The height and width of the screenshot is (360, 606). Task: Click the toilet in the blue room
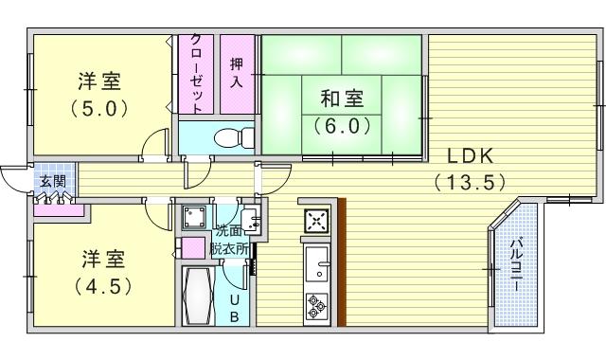pos(234,137)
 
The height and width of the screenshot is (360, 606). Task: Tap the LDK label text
pos(471,156)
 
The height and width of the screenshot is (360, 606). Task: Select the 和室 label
pos(342,99)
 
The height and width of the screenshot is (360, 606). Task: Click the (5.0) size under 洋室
pos(99,109)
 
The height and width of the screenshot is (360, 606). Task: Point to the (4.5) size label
pos(103,286)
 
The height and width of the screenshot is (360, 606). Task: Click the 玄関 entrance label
pos(53,181)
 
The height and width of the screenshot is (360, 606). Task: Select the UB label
pos(234,309)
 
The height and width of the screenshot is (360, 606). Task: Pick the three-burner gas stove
pos(317,306)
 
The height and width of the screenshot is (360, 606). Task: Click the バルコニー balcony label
pos(515,265)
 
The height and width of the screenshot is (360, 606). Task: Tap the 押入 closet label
pos(237,72)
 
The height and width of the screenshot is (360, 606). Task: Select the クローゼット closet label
pos(196,74)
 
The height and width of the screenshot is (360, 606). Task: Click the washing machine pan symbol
pos(194,218)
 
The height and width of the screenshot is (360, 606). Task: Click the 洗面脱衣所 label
pos(229,240)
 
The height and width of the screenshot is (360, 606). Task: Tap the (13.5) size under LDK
pos(471,182)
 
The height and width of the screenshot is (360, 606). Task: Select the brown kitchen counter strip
pos(342,261)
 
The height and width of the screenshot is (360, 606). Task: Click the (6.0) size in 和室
pos(342,126)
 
